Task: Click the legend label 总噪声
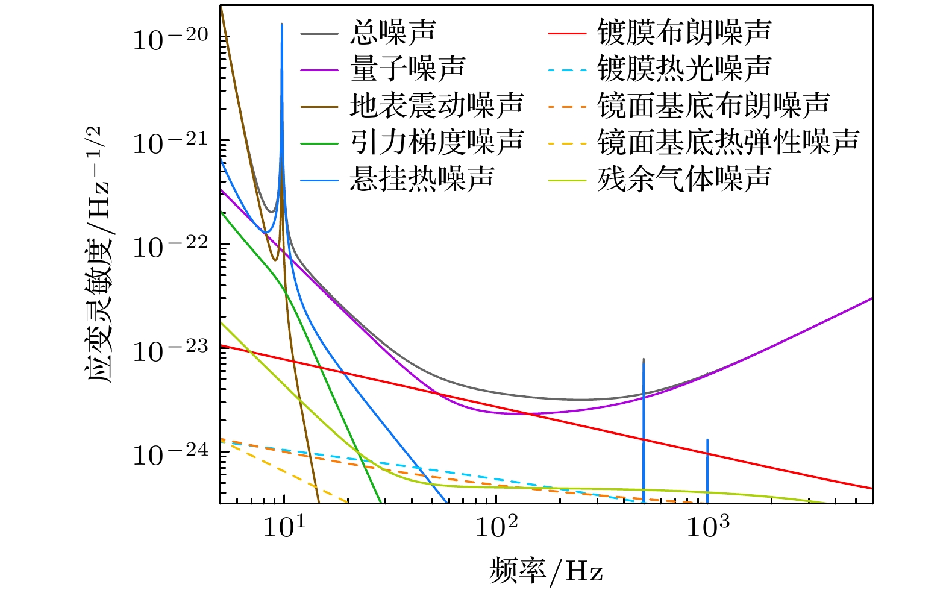point(393,32)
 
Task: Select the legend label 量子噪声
point(407,68)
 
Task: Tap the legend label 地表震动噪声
point(437,105)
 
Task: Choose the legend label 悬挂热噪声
point(422,178)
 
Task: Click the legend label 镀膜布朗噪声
point(684,32)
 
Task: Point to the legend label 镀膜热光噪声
point(684,68)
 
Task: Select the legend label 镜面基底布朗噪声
point(713,105)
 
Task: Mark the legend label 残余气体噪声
point(684,178)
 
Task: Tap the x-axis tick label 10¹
point(284,527)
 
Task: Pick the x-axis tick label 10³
point(707,527)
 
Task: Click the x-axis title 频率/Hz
point(546,571)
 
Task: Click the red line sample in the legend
point(567,33)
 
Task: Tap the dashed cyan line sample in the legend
point(567,69)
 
